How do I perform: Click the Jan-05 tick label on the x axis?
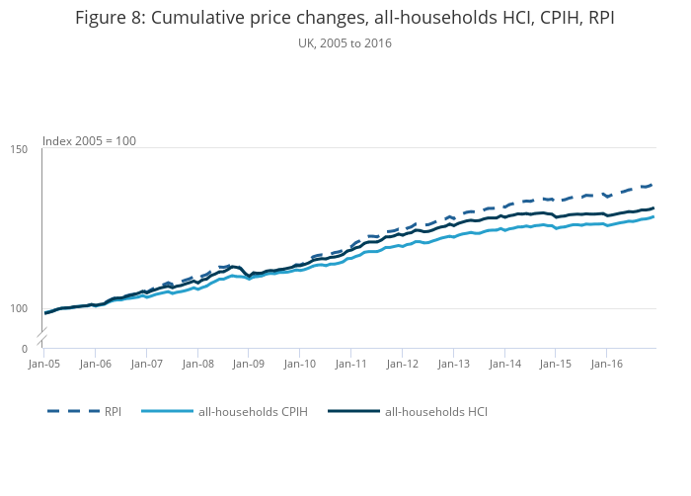43,365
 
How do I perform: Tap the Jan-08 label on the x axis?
197,365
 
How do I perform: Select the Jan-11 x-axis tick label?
351,365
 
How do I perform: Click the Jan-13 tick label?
454,365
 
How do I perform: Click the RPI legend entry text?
114,411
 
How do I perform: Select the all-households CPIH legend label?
253,411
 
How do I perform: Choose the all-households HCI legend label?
436,411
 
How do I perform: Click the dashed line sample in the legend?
74,411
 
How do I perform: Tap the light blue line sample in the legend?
167,411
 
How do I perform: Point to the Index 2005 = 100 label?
89,141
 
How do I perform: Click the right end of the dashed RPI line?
653,185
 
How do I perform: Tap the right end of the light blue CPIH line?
653,216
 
